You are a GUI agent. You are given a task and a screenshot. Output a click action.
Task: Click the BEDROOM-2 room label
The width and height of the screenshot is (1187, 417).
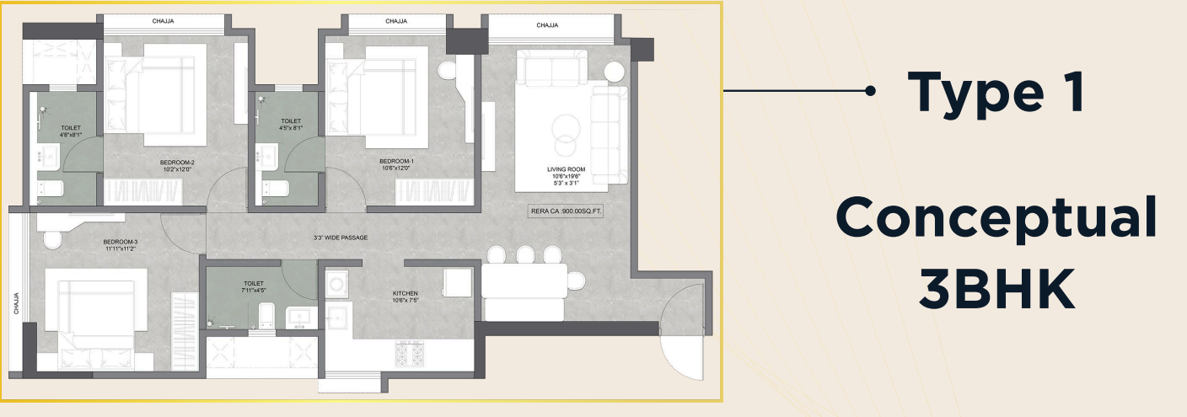pos(177,166)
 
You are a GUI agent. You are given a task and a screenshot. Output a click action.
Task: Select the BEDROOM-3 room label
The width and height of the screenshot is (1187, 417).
pos(121,245)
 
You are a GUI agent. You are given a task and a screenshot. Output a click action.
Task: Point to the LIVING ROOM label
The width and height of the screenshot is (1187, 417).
pos(566,176)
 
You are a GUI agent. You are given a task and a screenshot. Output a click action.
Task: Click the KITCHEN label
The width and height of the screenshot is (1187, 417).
pos(406,297)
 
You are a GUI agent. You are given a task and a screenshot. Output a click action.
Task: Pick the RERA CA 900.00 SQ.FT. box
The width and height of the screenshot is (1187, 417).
pos(566,211)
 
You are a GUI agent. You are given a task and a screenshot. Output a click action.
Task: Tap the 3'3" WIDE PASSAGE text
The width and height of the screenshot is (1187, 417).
pos(341,238)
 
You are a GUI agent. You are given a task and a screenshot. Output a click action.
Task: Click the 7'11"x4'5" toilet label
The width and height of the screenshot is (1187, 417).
pos(254,286)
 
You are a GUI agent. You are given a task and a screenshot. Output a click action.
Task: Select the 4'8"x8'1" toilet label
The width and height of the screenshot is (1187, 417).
pos(71,131)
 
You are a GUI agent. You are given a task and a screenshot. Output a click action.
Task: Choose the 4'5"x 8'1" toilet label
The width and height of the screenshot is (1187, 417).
pos(291,125)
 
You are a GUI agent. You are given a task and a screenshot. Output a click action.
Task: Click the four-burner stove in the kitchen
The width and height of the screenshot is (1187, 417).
pos(410,354)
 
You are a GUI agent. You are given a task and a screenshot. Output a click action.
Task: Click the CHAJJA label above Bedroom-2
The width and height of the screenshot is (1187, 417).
pos(163,21)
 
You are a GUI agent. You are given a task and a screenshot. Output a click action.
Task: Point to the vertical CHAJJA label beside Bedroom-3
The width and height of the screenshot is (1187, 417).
pos(16,304)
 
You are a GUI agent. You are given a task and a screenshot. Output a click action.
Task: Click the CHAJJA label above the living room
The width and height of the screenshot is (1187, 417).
pos(547,25)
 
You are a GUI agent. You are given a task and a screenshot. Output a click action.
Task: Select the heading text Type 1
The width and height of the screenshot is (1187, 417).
pos(996,92)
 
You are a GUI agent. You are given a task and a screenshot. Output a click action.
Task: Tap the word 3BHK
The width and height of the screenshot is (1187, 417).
pos(996,290)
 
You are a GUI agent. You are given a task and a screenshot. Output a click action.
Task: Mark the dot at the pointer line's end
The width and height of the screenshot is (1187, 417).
pos(869,91)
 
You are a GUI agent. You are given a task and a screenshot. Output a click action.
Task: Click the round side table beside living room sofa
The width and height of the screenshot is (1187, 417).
pos(615,72)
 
